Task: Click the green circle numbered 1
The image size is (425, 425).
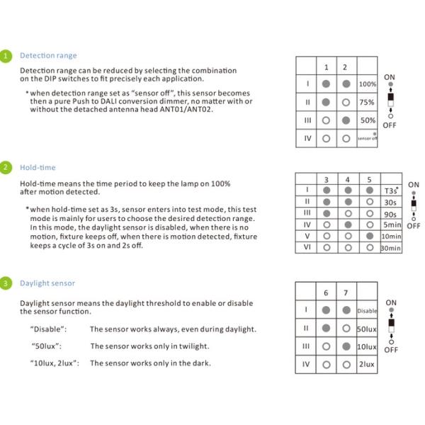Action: (6, 55)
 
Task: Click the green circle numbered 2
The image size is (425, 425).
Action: (6, 167)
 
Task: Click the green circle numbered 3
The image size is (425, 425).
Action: (6, 283)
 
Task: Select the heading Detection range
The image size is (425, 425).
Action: (48, 55)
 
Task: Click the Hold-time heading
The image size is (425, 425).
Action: (38, 167)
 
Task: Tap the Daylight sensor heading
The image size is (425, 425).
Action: (47, 283)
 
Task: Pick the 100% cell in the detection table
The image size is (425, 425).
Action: (368, 84)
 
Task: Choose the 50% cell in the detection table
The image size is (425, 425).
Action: (368, 120)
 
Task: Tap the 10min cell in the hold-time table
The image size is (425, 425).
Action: (391, 236)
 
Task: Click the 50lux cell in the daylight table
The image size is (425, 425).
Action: (366, 329)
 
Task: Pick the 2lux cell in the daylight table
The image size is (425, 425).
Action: (366, 364)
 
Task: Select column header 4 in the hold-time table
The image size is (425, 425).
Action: (347, 180)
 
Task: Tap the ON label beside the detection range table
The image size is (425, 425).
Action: (390, 76)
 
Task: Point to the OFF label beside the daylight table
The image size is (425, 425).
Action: (390, 349)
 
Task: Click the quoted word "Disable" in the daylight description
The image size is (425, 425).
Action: (49, 329)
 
